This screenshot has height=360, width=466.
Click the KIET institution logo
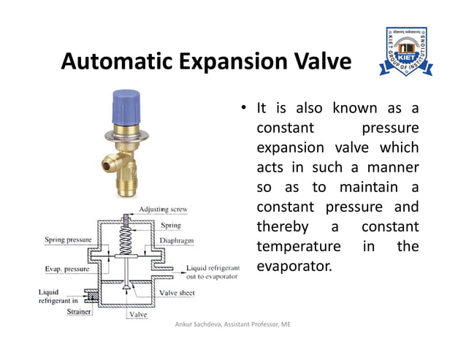(405, 52)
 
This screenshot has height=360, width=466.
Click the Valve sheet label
(177, 293)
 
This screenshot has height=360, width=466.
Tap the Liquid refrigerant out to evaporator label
(212, 272)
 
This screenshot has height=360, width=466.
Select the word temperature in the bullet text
(299, 246)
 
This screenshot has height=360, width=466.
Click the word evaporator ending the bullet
(294, 267)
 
